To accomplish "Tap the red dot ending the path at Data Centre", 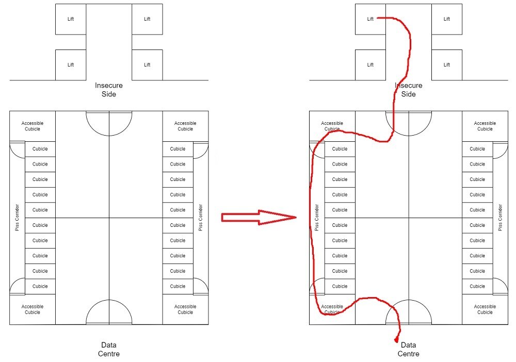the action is tap(396, 340).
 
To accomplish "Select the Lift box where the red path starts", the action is tap(370, 20).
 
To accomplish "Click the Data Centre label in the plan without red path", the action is tap(109, 349).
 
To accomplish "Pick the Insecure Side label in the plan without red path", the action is tap(109, 90).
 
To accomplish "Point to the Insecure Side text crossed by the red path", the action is tap(408, 90).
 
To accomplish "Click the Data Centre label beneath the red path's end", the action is tap(408, 349).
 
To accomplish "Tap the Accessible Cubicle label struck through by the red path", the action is tap(332, 309).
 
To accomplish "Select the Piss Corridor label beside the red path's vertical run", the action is tap(317, 218).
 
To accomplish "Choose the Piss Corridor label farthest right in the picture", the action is tap(500, 218).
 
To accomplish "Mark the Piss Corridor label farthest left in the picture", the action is tap(17, 218).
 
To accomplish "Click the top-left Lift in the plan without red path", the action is tap(71, 20).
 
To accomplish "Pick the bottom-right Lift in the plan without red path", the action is tap(147, 65).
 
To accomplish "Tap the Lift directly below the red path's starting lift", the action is tap(370, 65).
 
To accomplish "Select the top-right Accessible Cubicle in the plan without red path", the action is tap(185, 126).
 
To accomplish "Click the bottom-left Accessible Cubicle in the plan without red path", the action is tap(33, 309).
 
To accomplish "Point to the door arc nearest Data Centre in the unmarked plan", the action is tap(109, 312).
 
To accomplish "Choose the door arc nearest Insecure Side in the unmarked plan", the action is tap(109, 123).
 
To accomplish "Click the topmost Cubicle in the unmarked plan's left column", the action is tap(40, 149).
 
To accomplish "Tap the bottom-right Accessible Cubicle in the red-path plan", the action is tap(485, 309).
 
